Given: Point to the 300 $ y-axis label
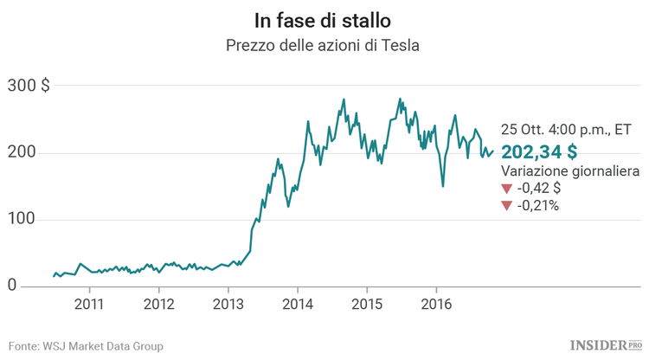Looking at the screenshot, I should pyautogui.click(x=28, y=86).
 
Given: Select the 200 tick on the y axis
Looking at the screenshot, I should pyautogui.click(x=22, y=152).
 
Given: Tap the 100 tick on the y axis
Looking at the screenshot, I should pyautogui.click(x=22, y=219).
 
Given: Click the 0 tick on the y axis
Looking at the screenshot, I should pyautogui.click(x=12, y=286).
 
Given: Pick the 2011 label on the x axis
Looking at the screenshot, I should pyautogui.click(x=89, y=304).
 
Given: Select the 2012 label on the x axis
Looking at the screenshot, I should pyautogui.click(x=158, y=304).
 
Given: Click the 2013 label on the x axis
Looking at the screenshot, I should pyautogui.click(x=228, y=304).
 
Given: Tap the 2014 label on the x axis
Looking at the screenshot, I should pyautogui.click(x=297, y=304).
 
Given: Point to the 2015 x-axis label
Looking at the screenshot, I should pyautogui.click(x=366, y=304).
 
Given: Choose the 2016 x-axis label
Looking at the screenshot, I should pyautogui.click(x=435, y=304).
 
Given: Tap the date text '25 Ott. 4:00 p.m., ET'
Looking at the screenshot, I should pyautogui.click(x=567, y=130).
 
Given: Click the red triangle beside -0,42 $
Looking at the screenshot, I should pyautogui.click(x=506, y=190).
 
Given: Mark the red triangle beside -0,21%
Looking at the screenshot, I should pyautogui.click(x=506, y=207).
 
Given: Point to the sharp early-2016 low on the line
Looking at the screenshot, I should pyautogui.click(x=443, y=185).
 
